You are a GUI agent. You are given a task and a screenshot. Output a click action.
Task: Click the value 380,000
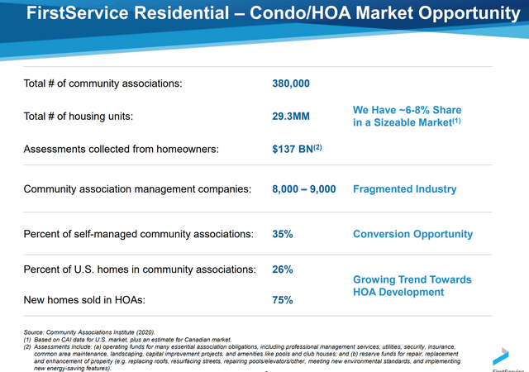[291, 83]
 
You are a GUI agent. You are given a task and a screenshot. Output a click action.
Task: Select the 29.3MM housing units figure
[291, 116]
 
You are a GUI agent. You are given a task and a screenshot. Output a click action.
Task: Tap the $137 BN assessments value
[293, 149]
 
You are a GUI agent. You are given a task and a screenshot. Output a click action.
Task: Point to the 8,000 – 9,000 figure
[304, 188]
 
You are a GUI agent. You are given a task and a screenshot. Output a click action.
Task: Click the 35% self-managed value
[283, 234]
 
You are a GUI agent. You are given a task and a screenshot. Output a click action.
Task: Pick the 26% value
[283, 269]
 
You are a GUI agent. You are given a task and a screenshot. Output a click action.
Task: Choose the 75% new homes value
[283, 300]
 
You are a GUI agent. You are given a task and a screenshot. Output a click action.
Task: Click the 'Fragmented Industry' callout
[404, 189]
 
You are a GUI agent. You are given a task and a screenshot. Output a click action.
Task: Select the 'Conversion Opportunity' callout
[413, 234]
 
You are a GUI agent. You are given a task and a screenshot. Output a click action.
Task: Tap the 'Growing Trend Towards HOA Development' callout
[412, 285]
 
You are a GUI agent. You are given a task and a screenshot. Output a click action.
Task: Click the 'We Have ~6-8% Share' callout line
[407, 110]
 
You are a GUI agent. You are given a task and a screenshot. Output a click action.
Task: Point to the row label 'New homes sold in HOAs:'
[84, 300]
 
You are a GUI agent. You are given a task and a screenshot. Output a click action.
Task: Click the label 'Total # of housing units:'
[79, 116]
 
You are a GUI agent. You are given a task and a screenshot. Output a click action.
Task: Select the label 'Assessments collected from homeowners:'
[122, 149]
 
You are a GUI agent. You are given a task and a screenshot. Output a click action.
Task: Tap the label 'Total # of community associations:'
[102, 83]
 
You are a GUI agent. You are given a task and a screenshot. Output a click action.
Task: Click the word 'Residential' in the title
[182, 13]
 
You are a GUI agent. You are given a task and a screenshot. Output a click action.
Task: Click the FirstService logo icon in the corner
[501, 356]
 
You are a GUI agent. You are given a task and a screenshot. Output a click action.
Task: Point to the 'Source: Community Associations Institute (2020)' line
[89, 332]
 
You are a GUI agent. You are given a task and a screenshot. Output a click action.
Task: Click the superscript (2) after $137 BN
[317, 147]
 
